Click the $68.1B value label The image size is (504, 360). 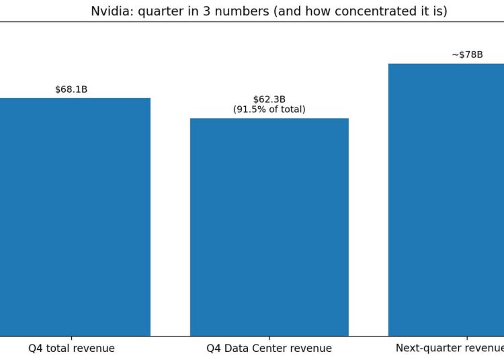click(x=71, y=89)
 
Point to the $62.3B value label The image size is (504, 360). click(x=269, y=99)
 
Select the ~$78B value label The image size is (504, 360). click(x=467, y=54)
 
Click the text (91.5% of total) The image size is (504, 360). click(x=269, y=109)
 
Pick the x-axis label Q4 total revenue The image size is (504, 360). click(x=71, y=349)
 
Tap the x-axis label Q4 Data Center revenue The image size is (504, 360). click(x=269, y=349)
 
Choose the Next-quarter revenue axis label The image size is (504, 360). click(x=450, y=349)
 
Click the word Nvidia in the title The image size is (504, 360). click(x=108, y=11)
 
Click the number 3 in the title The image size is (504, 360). click(x=196, y=11)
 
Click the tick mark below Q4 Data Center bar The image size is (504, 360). click(x=269, y=338)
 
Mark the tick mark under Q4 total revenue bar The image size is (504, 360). click(x=71, y=338)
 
